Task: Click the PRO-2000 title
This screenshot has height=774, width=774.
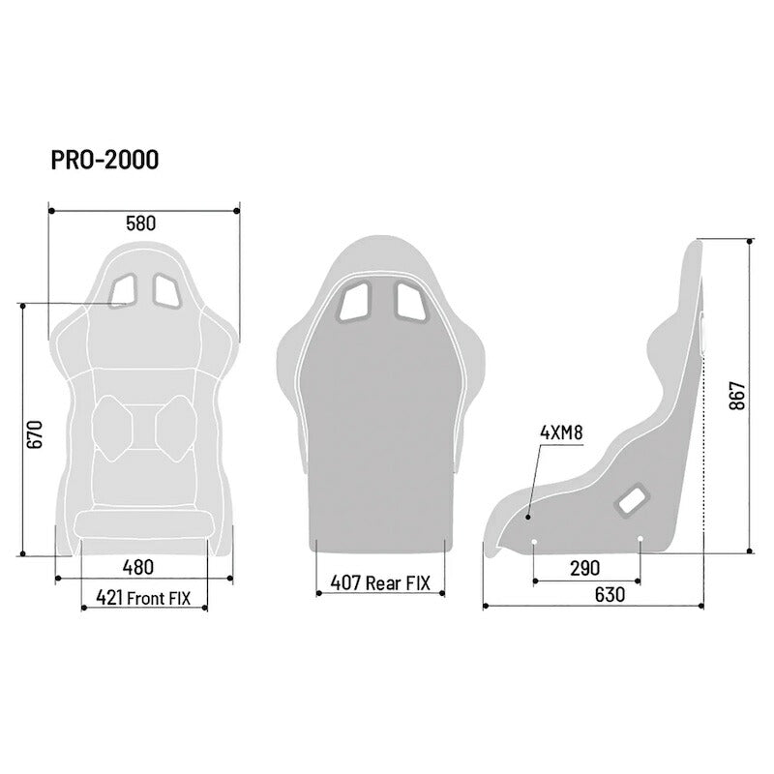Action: tap(104, 160)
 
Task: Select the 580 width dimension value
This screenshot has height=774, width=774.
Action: tap(140, 223)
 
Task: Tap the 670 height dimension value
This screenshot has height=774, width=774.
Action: tap(35, 434)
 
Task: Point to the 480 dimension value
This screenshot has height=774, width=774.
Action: tap(137, 567)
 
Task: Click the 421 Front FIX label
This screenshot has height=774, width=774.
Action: tap(143, 598)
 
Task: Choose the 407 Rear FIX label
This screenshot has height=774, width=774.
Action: tap(380, 583)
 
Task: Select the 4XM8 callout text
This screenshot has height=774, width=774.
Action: tap(561, 432)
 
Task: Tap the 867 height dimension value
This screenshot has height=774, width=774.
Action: tap(737, 396)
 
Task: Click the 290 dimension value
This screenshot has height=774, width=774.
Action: tap(585, 568)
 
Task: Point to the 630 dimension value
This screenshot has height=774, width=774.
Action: tap(610, 595)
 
